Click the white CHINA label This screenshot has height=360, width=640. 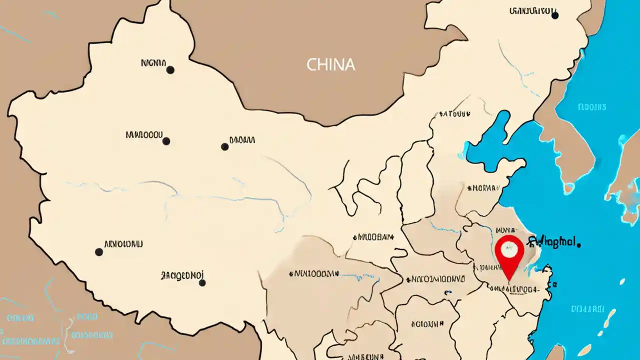[330, 64]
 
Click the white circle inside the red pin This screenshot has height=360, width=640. [509, 247]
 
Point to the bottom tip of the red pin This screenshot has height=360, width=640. [508, 279]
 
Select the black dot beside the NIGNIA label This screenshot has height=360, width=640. [170, 70]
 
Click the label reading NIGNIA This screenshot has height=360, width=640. [153, 63]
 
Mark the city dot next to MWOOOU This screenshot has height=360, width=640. [166, 141]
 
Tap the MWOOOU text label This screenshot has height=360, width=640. [144, 134]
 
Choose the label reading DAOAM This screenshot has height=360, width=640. [242, 140]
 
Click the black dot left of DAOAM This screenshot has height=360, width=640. [224, 147]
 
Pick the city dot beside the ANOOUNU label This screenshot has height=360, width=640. [99, 252]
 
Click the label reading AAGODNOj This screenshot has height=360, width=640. [182, 275]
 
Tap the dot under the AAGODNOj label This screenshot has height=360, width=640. [202, 283]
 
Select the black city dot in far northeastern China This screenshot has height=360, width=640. [554, 15]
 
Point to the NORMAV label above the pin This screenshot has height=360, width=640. [483, 188]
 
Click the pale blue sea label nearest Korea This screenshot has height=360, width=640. [591, 107]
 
